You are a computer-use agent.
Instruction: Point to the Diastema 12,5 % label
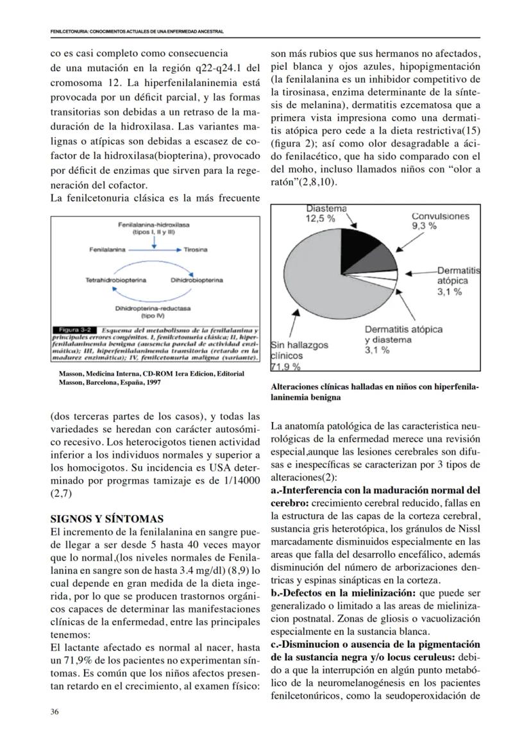[x=326, y=214]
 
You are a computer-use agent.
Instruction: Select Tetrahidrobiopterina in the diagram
[x=115, y=280]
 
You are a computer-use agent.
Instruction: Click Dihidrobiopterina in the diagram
[x=197, y=280]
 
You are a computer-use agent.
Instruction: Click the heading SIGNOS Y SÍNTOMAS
[x=107, y=518]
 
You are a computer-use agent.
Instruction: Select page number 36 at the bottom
[x=55, y=711]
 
